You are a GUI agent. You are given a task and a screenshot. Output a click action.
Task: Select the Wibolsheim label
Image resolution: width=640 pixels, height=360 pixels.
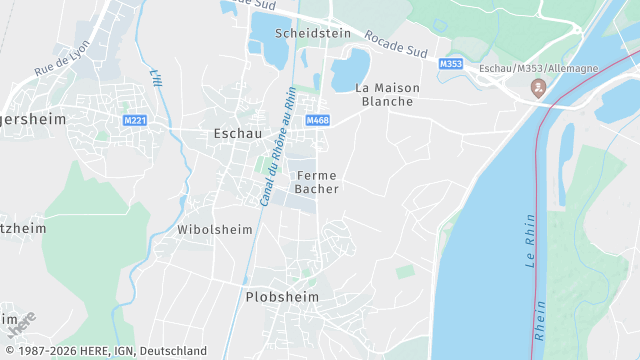tap(210, 229)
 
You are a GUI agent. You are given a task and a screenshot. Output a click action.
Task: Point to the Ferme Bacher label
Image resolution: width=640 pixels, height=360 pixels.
tap(317, 181)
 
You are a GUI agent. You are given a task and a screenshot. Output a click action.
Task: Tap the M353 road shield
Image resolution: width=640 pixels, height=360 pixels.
tap(451, 64)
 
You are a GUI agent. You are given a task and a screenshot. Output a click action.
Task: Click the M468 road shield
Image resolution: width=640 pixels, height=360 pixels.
tap(318, 120)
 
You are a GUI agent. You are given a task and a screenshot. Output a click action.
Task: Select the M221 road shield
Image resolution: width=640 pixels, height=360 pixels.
tap(135, 120)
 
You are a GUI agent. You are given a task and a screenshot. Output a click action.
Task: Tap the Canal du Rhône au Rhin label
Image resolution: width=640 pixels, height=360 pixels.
tap(276, 146)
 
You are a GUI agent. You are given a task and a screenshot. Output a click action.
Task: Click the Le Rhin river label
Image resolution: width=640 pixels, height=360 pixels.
tap(529, 240)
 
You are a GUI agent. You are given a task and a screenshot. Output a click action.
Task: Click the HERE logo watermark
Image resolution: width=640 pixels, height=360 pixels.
tap(21, 325)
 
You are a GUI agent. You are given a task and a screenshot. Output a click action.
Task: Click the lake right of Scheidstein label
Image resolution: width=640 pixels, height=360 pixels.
tap(350, 71)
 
